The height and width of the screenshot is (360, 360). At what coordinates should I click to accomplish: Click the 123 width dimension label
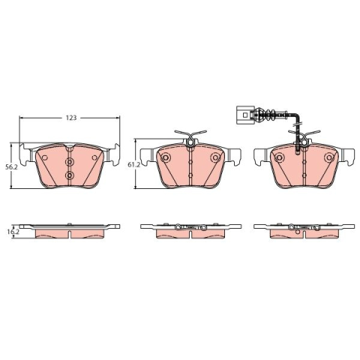[71, 118]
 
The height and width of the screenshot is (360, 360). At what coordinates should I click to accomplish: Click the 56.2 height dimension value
[11, 167]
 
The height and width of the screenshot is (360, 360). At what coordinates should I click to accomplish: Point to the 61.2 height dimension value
[133, 164]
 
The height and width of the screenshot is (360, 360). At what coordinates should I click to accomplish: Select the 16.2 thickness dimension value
[13, 232]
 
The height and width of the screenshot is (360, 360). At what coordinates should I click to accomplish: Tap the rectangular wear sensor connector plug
[244, 115]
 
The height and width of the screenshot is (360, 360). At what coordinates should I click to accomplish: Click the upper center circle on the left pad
[69, 163]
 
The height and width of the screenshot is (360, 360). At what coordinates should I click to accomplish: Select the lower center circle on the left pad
[69, 175]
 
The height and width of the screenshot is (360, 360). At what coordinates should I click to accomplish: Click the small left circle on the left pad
[45, 157]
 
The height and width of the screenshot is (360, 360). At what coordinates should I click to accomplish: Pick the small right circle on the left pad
[94, 157]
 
